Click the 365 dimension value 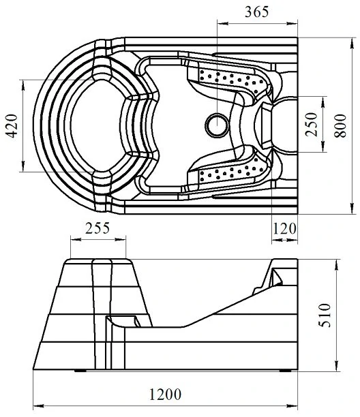point(256,12)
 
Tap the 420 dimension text point(12,126)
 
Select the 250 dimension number point(312,125)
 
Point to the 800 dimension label point(340,125)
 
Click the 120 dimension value point(284,229)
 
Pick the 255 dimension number point(97,228)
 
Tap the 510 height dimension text point(325,315)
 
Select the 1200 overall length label point(165,395)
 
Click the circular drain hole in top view point(217,125)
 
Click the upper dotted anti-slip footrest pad point(231,79)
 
